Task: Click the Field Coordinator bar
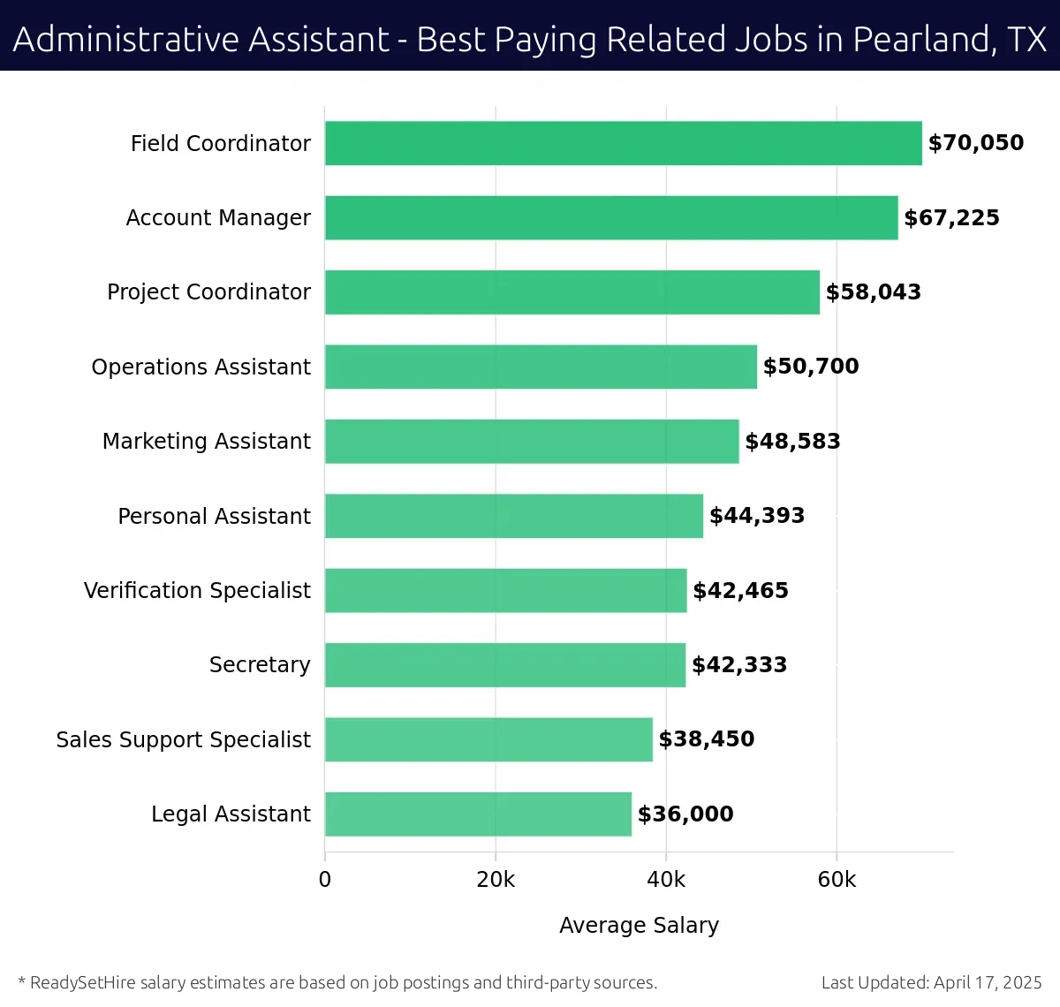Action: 623,143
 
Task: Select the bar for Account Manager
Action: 611,217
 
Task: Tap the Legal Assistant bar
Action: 478,814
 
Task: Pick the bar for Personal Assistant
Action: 514,516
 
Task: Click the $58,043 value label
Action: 873,292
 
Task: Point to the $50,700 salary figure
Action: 811,367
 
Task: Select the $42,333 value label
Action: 739,665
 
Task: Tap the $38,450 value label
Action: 707,739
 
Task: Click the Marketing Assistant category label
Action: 207,441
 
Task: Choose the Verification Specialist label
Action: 197,590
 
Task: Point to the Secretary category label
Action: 260,664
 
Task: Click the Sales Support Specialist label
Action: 183,739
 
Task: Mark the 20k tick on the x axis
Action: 496,880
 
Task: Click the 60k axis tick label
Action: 837,880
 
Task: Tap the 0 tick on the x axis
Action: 325,880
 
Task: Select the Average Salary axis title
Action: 639,925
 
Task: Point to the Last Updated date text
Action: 931,982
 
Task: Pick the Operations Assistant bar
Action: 541,367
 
